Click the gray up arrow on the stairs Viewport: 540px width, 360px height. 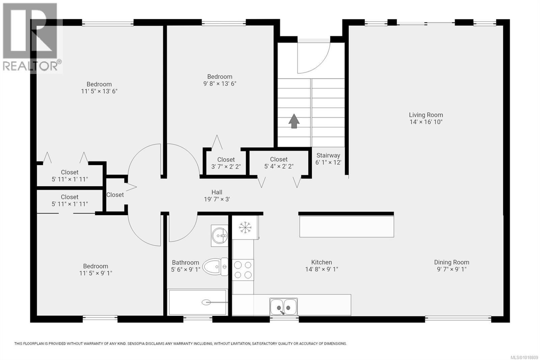[x=294, y=121]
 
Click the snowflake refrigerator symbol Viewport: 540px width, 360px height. [x=245, y=227]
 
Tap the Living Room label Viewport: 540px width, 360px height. [x=426, y=115]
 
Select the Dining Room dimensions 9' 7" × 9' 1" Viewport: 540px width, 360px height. [x=452, y=269]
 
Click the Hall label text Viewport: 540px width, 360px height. [x=217, y=192]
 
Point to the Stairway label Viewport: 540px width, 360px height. [x=328, y=155]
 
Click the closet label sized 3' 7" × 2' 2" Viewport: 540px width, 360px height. [x=226, y=163]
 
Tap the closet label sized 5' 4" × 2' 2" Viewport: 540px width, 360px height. [x=279, y=163]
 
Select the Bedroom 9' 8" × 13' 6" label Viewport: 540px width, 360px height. [x=220, y=80]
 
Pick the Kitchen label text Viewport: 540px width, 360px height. [x=321, y=262]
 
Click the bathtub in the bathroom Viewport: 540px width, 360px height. [x=197, y=302]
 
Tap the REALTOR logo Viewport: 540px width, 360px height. [x=31, y=38]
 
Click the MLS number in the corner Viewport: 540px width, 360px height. [x=525, y=357]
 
